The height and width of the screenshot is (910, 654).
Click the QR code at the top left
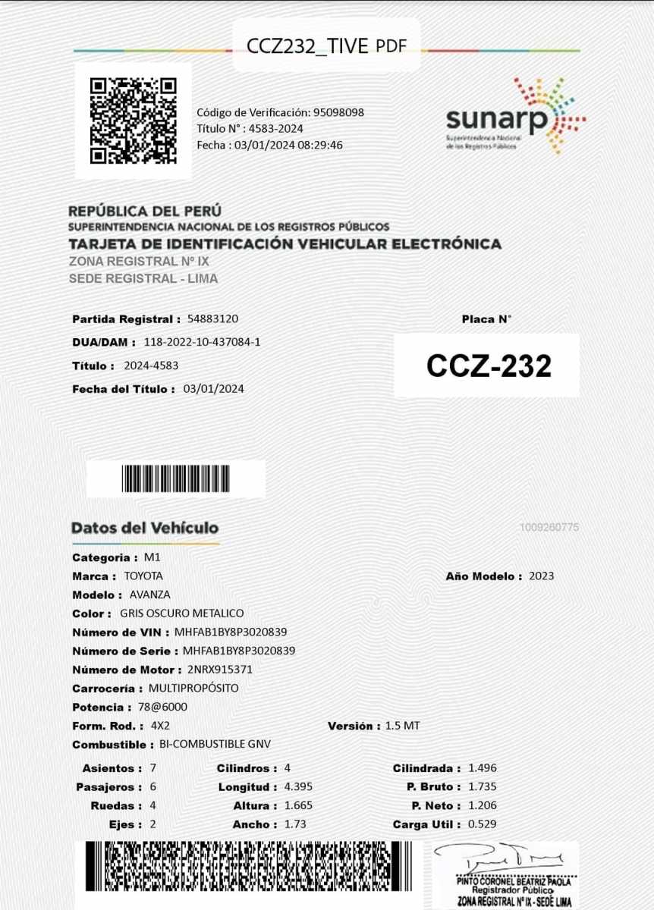point(133,121)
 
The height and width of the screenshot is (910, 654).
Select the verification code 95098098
point(338,112)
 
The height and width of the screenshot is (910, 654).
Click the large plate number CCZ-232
point(488,366)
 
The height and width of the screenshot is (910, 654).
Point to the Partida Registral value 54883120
point(218,318)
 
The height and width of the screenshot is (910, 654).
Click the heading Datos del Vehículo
point(145,528)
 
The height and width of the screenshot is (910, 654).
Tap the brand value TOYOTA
point(143,576)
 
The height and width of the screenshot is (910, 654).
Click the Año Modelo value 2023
point(542,576)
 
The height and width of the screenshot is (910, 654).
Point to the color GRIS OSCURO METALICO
point(182,613)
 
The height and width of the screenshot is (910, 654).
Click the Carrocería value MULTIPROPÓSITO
point(193,688)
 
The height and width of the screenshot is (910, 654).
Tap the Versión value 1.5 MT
point(402,725)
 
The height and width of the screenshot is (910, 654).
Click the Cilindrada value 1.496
point(483,768)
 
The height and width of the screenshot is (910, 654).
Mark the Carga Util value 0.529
point(483,824)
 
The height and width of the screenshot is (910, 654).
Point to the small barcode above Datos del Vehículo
point(175,479)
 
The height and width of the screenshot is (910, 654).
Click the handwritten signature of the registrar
point(505,860)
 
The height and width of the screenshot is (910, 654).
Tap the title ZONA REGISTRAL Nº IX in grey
point(139,261)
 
